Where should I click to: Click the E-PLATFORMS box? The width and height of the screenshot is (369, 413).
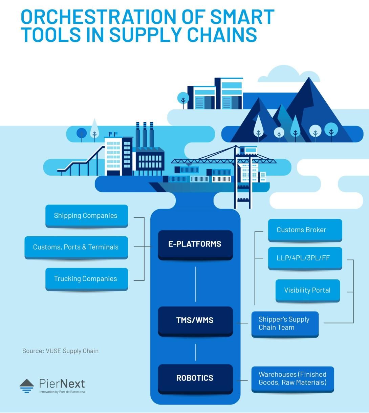click(195, 245)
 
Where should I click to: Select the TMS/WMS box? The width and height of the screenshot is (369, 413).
click(195, 321)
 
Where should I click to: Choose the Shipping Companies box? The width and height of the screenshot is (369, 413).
click(87, 216)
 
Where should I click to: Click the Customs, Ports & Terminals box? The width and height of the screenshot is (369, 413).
click(76, 248)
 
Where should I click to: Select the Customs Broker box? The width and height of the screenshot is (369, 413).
click(305, 230)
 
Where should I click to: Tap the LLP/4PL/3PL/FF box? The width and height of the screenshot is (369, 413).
click(305, 258)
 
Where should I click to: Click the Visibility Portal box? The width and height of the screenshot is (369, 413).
click(308, 291)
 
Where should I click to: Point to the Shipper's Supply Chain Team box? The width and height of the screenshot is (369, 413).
click(285, 324)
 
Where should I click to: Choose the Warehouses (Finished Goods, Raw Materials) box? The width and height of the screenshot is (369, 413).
click(293, 379)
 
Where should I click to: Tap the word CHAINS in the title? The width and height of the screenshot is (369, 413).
click(222, 35)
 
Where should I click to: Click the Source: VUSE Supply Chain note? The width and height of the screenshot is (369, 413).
click(61, 351)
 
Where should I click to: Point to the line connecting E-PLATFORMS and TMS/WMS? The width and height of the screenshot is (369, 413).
click(196, 284)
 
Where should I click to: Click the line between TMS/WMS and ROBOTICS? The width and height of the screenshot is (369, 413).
click(196, 352)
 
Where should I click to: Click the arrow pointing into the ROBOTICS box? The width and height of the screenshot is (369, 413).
click(242, 380)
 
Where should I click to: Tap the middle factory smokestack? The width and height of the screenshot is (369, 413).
click(145, 135)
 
